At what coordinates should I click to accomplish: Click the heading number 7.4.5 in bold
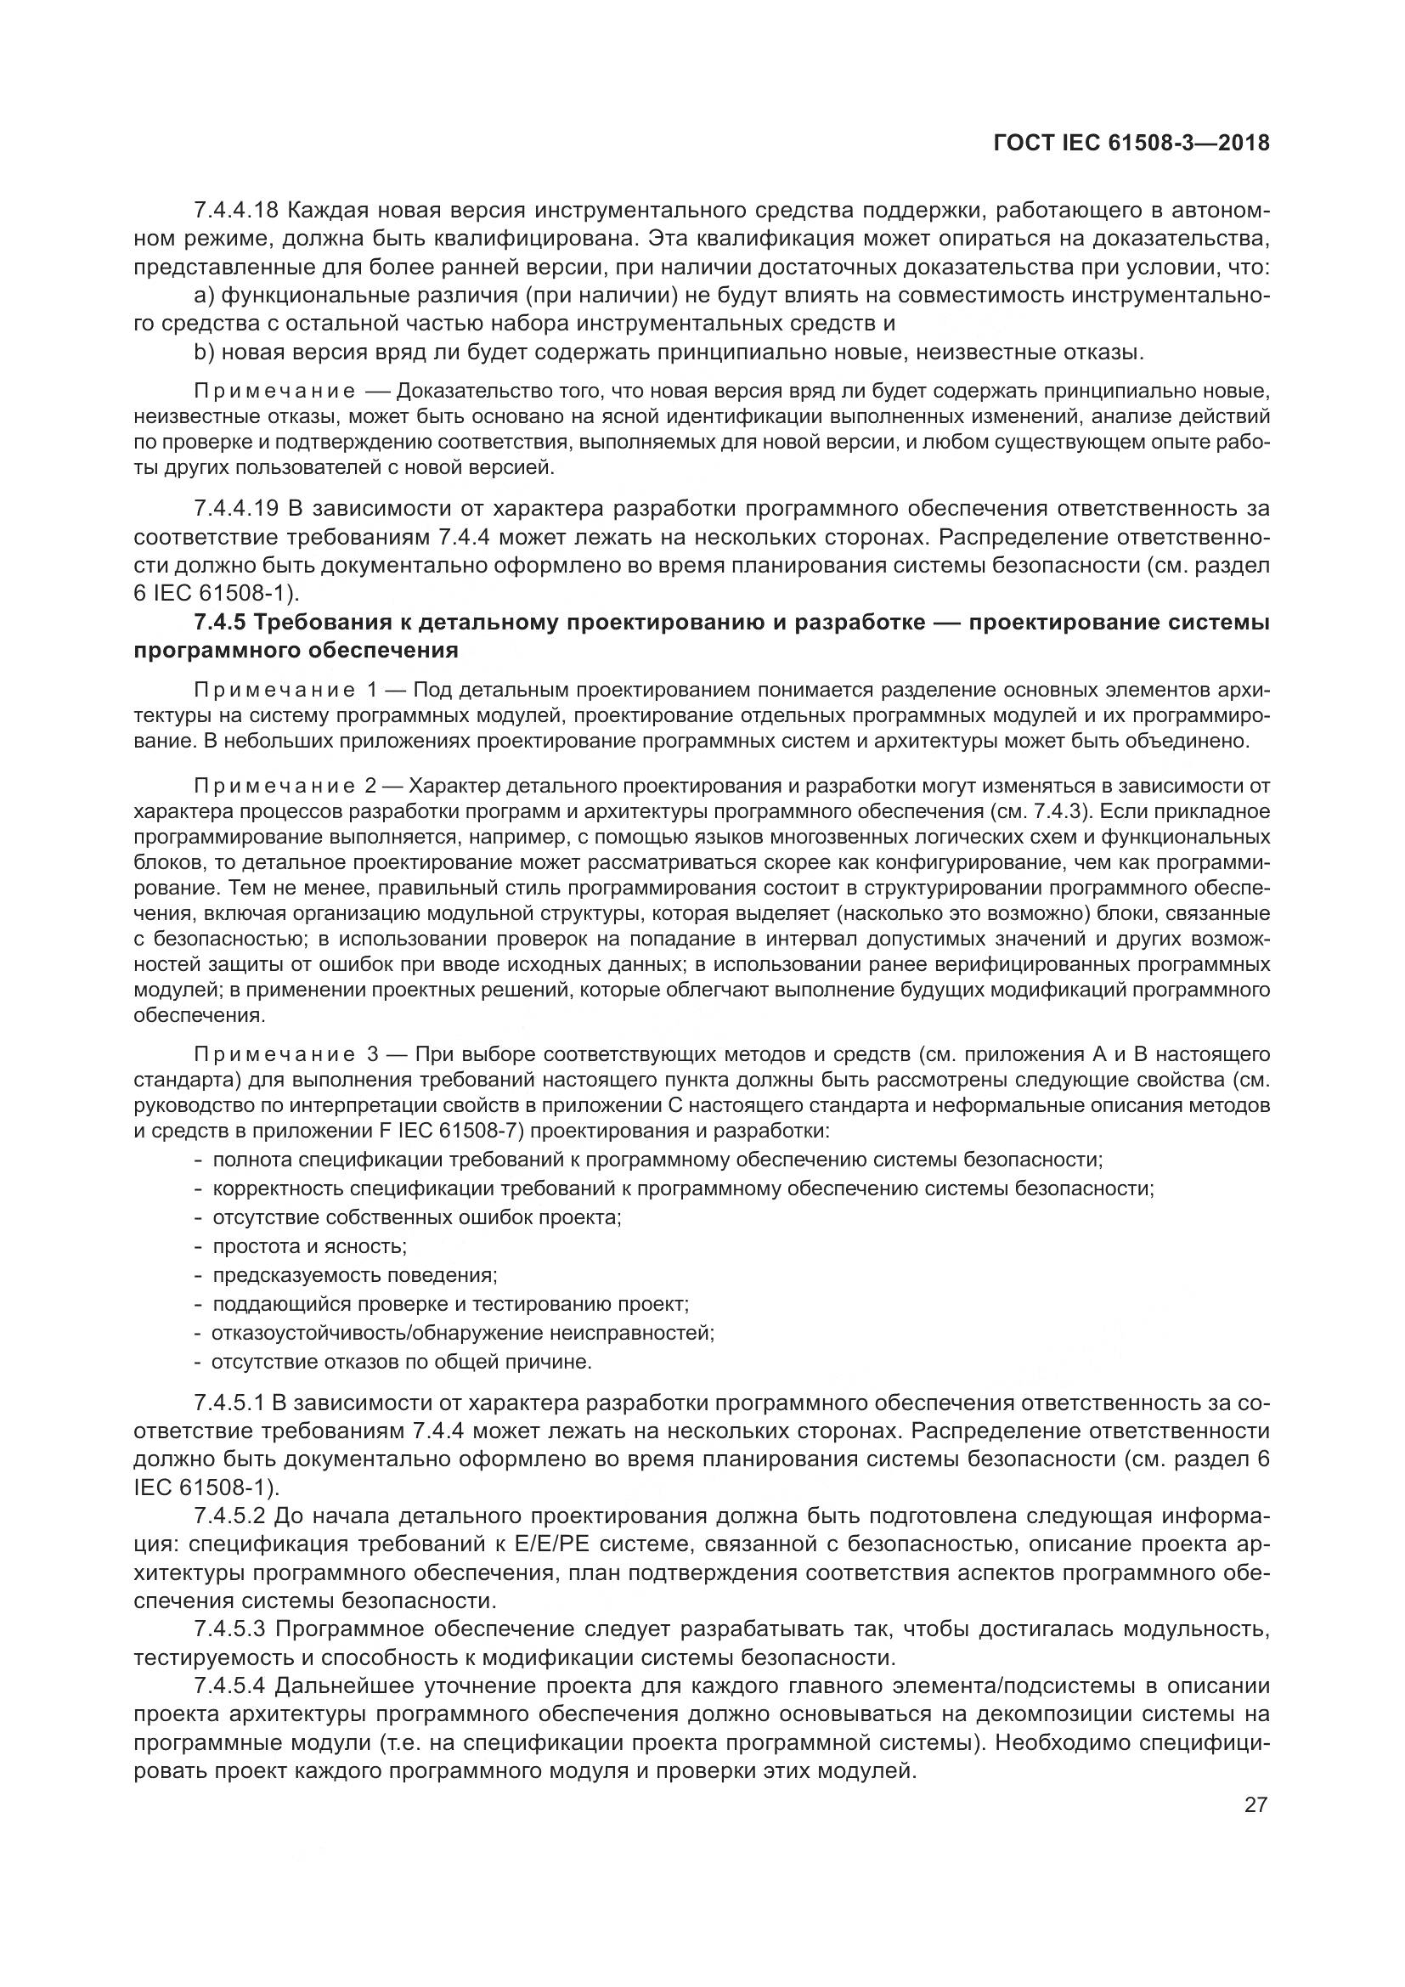[220, 622]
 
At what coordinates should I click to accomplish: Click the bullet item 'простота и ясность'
[309, 1246]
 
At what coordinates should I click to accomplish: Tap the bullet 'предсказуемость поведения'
[355, 1275]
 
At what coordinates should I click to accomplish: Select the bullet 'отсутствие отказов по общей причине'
[402, 1362]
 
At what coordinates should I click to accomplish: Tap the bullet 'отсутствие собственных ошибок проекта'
[416, 1217]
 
